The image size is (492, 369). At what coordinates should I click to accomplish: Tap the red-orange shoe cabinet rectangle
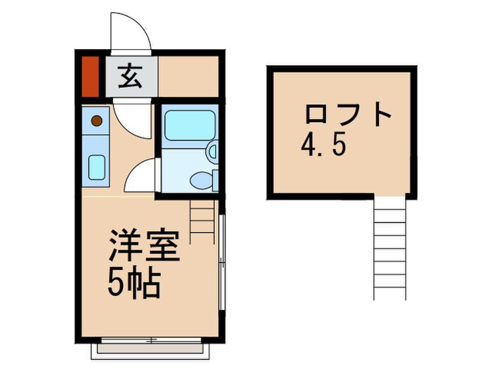[89, 76]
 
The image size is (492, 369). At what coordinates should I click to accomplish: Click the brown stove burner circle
[97, 120]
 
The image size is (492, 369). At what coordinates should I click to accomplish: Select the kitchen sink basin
[96, 167]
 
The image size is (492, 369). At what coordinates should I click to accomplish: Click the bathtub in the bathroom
[188, 127]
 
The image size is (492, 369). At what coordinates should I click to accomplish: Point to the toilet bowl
[202, 179]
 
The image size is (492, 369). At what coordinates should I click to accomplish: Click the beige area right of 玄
[186, 75]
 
